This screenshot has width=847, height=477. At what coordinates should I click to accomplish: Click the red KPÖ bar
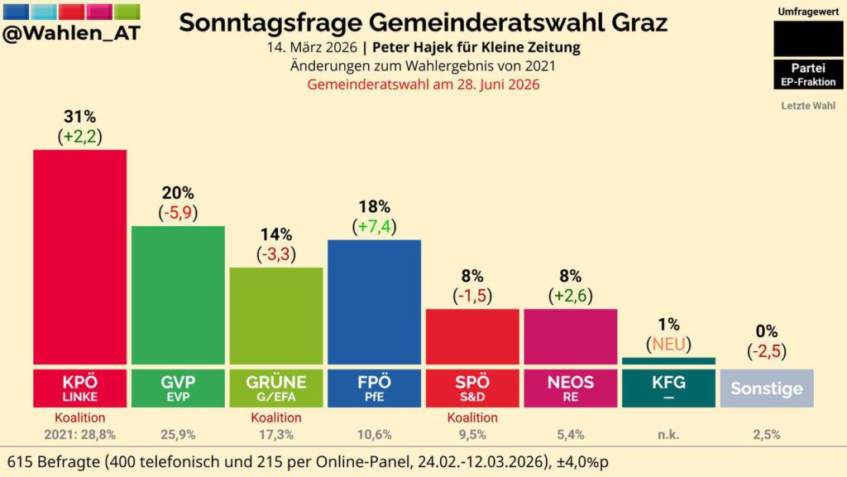tap(79, 257)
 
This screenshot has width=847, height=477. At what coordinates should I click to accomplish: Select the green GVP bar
tap(178, 295)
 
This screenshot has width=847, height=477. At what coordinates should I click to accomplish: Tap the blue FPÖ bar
tap(374, 301)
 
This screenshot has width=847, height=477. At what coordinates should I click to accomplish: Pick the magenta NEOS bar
tap(570, 336)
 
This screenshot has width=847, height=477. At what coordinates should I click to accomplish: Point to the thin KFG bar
tap(668, 361)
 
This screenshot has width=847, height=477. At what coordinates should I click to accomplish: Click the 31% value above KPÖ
tap(79, 117)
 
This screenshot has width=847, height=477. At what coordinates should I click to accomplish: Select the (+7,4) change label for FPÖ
tap(374, 226)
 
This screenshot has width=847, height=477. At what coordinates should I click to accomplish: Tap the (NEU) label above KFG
tap(668, 344)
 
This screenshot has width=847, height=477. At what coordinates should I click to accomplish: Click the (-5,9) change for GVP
tap(178, 212)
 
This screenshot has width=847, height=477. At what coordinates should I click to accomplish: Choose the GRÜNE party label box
tap(275, 388)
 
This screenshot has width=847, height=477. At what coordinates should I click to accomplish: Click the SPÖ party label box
tap(472, 388)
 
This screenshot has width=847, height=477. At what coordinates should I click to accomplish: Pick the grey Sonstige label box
tap(767, 388)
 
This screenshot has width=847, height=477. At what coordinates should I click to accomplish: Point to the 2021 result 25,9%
tap(178, 435)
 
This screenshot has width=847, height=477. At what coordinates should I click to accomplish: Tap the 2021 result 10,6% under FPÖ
tap(374, 435)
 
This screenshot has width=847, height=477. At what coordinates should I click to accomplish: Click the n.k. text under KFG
tap(668, 435)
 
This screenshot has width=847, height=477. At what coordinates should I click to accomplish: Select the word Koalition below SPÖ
tap(472, 418)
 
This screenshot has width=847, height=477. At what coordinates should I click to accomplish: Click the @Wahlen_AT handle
tap(72, 32)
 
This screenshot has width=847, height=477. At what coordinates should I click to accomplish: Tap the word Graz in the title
tap(637, 22)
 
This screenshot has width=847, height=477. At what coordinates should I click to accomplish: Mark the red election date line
tap(423, 84)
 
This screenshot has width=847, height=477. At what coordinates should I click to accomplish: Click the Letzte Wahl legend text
tap(808, 106)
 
